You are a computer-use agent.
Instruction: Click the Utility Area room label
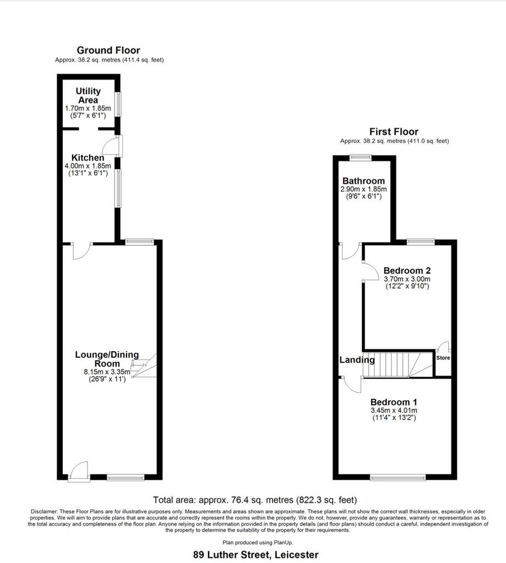[88, 96]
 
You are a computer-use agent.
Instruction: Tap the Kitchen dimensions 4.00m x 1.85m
[88, 166]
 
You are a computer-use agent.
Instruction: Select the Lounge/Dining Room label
[107, 359]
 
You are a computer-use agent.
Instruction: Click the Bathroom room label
[363, 180]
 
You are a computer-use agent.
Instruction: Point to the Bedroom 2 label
[407, 271]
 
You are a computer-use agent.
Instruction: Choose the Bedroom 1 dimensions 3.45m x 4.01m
[394, 410]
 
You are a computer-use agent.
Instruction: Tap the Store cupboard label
[443, 357]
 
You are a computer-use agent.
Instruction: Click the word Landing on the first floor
[357, 360]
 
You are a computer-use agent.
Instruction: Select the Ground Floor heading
[108, 50]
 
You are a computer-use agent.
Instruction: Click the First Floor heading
[394, 132]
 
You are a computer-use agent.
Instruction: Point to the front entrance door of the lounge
[79, 471]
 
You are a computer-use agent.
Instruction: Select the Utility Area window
[118, 104]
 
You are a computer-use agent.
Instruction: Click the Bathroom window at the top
[361, 157]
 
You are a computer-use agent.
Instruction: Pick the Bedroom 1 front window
[398, 477]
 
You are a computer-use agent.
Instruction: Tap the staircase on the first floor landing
[398, 365]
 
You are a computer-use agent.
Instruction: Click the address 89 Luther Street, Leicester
[255, 555]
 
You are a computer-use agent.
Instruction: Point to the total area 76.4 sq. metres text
[255, 500]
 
